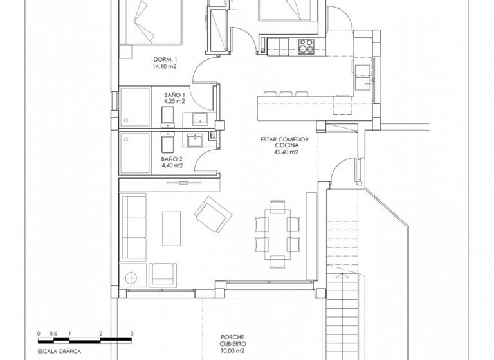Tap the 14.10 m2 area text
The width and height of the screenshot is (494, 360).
(147, 66)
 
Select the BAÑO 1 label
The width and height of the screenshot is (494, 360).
(172, 94)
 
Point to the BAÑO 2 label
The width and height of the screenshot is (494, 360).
(172, 158)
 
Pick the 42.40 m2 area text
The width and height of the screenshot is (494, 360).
(286, 152)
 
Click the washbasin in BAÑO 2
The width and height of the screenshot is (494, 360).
(193, 139)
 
